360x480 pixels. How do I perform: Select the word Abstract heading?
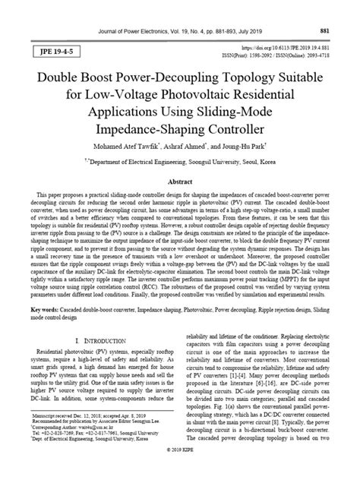(179, 182)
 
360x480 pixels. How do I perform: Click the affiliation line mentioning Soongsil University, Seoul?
(181, 161)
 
